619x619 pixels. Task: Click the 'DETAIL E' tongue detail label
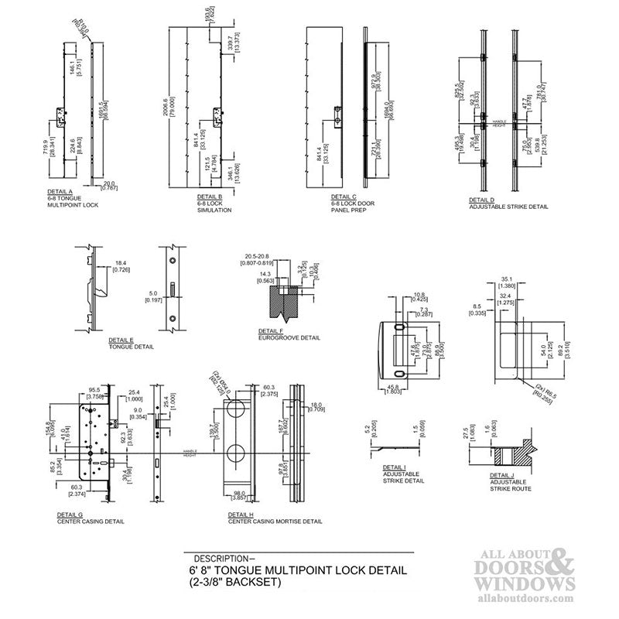121,340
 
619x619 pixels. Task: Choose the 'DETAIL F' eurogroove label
272,330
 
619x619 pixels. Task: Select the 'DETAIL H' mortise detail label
241,513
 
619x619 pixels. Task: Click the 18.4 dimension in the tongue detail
121,264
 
